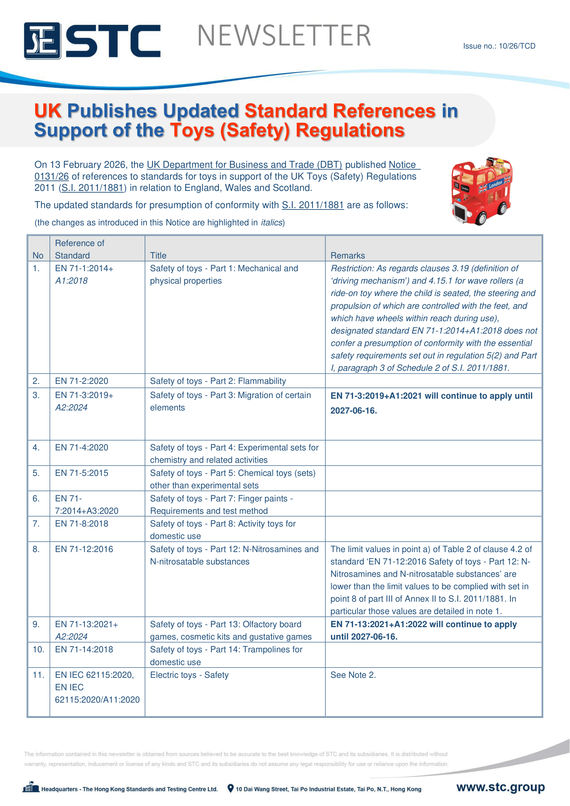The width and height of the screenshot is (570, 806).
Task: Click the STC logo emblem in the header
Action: pos(42,40)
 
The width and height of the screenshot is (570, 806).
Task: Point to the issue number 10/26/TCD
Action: pos(499,46)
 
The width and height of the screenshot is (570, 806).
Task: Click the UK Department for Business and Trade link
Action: pos(244,165)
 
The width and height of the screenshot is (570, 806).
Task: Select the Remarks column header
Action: pos(347,255)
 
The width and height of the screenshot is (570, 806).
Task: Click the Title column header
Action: pos(158,255)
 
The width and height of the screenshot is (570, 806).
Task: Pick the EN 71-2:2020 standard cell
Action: pos(81,381)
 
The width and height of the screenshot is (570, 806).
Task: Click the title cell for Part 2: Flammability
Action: pos(218,381)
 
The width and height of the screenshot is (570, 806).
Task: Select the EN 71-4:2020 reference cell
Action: pos(81,447)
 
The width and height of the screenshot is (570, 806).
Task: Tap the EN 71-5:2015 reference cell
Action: pos(81,473)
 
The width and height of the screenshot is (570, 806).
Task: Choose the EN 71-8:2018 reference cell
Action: pos(81,523)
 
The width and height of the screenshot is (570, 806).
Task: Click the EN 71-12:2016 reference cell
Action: pos(84,549)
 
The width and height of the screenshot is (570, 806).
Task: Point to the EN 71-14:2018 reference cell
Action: pos(84,650)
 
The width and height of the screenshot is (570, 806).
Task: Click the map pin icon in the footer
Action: pos(230,788)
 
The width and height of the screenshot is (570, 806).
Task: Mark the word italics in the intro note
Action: pos(272,223)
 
